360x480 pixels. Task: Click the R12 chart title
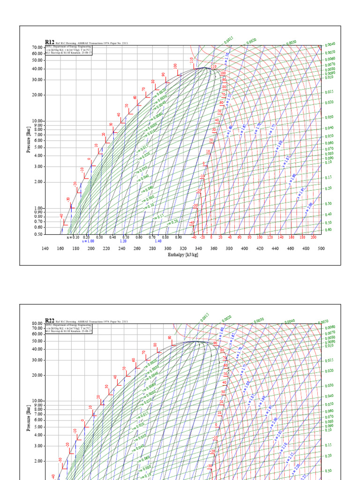point(49,42)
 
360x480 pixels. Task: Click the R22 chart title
point(49,321)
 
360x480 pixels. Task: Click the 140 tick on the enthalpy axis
point(45,248)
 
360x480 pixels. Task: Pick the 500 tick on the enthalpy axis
point(321,248)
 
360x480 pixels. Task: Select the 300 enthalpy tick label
point(168,248)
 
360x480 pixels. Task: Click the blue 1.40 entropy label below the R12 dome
point(158,241)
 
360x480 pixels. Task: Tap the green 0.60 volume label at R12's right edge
point(329,230)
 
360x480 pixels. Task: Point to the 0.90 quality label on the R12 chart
point(179,237)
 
